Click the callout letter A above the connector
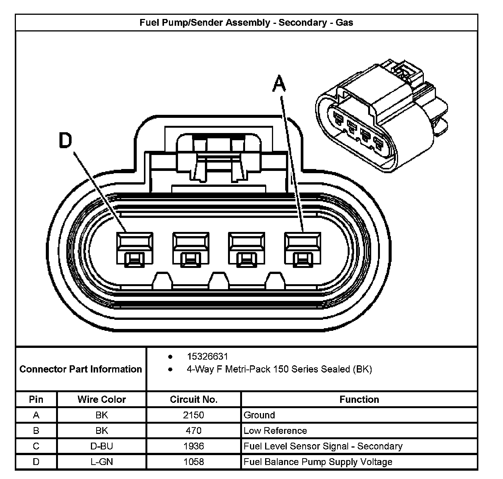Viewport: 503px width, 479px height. point(279,84)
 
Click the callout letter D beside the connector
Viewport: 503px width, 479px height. point(66,141)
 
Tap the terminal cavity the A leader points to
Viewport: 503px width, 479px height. point(302,249)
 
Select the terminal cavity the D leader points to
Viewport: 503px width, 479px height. point(135,249)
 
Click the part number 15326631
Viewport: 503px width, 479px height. point(207,357)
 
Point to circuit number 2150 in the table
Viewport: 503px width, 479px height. point(194,415)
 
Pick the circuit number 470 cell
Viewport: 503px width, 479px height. point(194,430)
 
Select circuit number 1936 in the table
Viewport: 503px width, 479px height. point(194,446)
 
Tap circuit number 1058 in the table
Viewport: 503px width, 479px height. point(194,462)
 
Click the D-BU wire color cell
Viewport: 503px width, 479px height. point(102,446)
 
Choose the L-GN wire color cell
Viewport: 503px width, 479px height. point(102,462)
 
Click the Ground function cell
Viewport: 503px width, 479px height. point(259,415)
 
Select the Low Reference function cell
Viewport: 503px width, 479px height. point(275,430)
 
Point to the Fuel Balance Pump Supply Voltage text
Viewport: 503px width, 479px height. point(318,462)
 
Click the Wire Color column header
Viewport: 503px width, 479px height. point(102,399)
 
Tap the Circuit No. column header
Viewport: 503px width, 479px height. point(194,399)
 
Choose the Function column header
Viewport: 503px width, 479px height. point(359,399)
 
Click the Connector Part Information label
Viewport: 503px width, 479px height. point(81,369)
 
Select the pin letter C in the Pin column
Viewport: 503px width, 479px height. point(36,446)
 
